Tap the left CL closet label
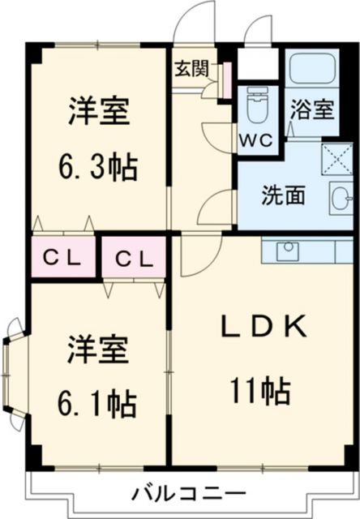(x=62, y=259)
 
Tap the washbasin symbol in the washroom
(x=341, y=197)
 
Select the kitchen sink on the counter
(x=288, y=250)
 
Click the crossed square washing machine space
(x=335, y=158)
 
